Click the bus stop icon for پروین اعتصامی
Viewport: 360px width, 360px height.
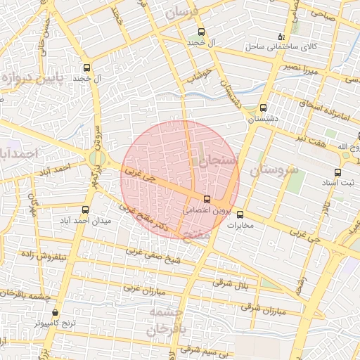[207, 199]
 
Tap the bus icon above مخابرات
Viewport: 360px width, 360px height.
[240, 214]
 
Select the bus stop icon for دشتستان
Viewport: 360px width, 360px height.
[263, 108]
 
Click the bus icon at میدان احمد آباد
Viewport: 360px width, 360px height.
[85, 210]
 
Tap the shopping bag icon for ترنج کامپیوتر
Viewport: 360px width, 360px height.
[56, 313]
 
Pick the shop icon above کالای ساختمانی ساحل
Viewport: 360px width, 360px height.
[281, 37]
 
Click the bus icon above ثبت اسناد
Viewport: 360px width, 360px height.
[338, 172]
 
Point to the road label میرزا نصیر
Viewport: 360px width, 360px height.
[302, 70]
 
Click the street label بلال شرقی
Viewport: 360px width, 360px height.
[232, 283]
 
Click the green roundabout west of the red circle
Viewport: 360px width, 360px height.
[97, 160]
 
